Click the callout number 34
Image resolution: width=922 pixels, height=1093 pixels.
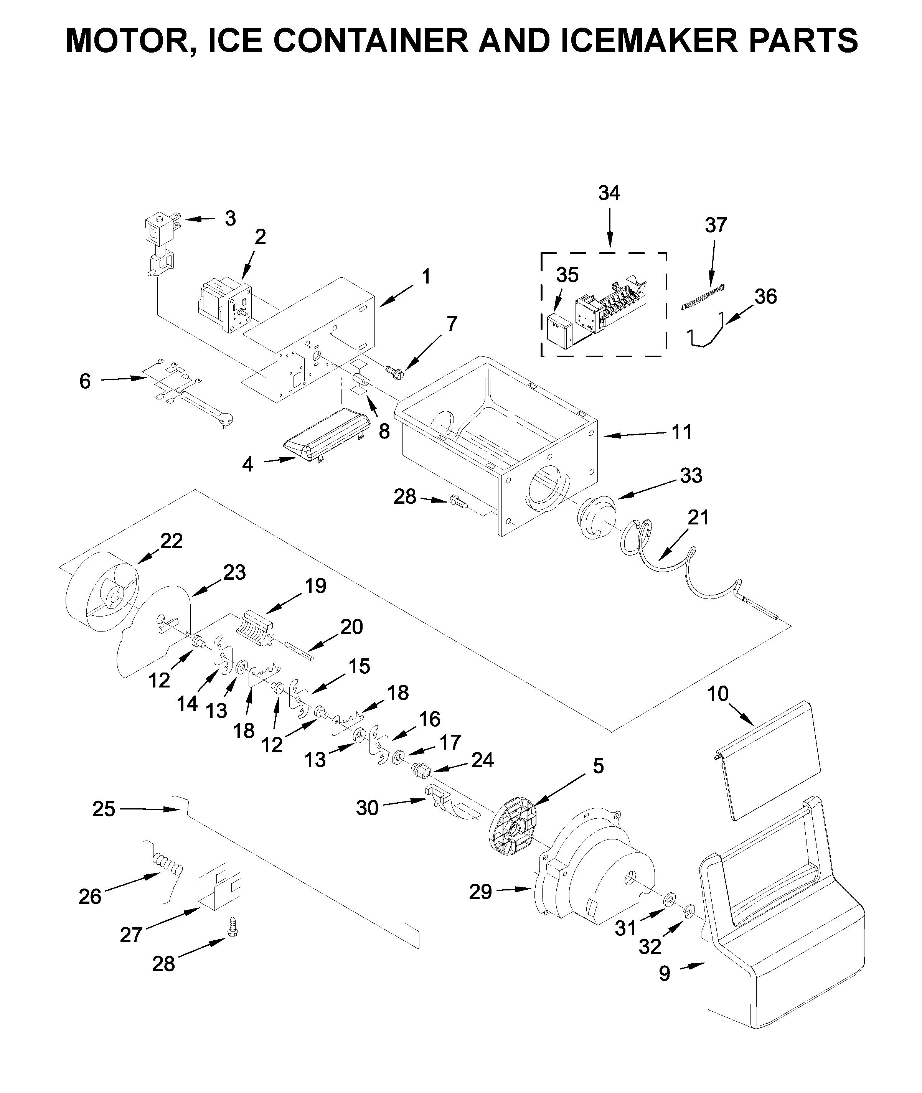pos(609,193)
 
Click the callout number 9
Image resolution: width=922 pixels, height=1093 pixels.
pos(664,973)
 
